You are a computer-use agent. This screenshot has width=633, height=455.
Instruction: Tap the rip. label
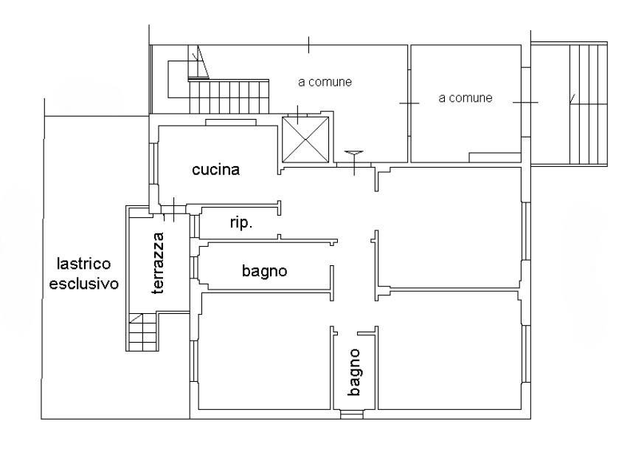(x=241, y=223)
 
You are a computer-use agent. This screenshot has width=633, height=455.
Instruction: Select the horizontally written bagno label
(x=264, y=271)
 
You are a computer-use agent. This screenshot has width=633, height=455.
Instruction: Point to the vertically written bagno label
(x=355, y=373)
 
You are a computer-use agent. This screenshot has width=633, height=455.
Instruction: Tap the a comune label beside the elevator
(x=324, y=82)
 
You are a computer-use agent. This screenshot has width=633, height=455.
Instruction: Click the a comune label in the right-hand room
(x=465, y=97)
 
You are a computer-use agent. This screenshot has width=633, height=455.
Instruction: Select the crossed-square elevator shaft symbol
(x=305, y=140)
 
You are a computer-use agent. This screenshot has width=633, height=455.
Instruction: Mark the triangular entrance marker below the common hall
(x=354, y=154)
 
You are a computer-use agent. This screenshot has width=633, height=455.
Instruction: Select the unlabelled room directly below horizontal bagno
(x=262, y=351)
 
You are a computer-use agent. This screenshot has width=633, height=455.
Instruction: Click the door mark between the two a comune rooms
(x=409, y=104)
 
